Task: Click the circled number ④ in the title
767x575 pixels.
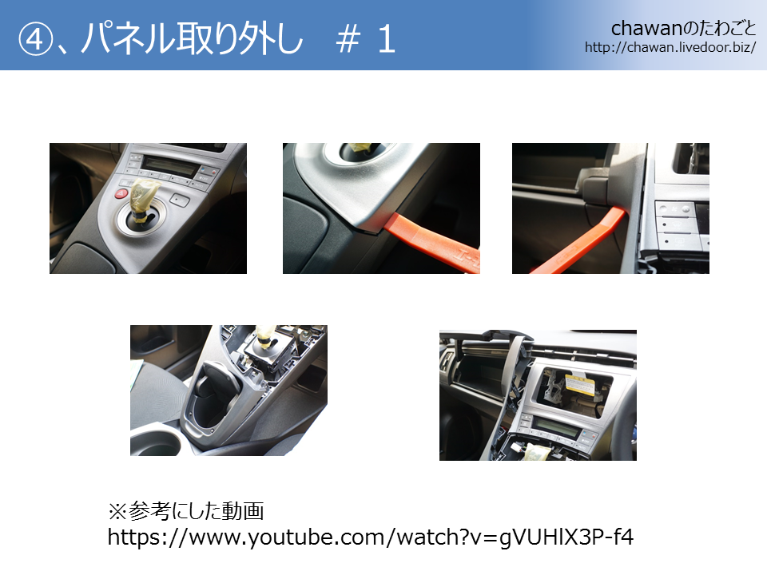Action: click(34, 39)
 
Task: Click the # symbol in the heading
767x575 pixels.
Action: click(348, 40)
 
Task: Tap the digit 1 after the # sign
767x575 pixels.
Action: click(387, 40)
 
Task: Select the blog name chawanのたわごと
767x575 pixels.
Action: click(683, 29)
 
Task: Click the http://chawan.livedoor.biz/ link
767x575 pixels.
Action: click(670, 47)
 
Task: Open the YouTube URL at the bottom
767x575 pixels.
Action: click(370, 537)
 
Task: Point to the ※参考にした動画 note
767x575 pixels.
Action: click(186, 511)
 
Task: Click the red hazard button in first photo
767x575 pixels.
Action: click(121, 193)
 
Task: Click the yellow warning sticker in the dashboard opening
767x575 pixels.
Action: click(581, 384)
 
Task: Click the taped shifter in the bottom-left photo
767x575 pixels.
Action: click(267, 336)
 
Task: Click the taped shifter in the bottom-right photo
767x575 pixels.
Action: click(537, 450)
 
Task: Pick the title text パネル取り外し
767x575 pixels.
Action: click(192, 39)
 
